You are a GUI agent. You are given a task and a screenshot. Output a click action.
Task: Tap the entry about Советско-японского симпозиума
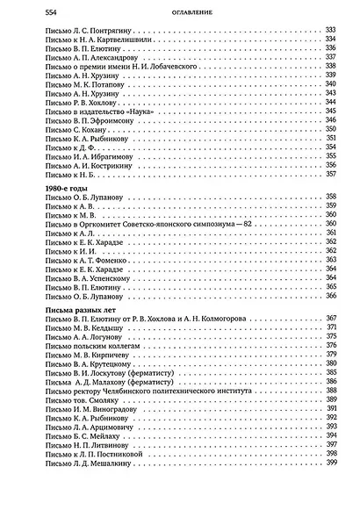tap(131, 224)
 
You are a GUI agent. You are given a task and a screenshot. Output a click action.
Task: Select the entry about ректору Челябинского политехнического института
tap(137, 391)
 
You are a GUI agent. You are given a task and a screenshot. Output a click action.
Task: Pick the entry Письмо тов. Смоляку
tap(68, 399)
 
